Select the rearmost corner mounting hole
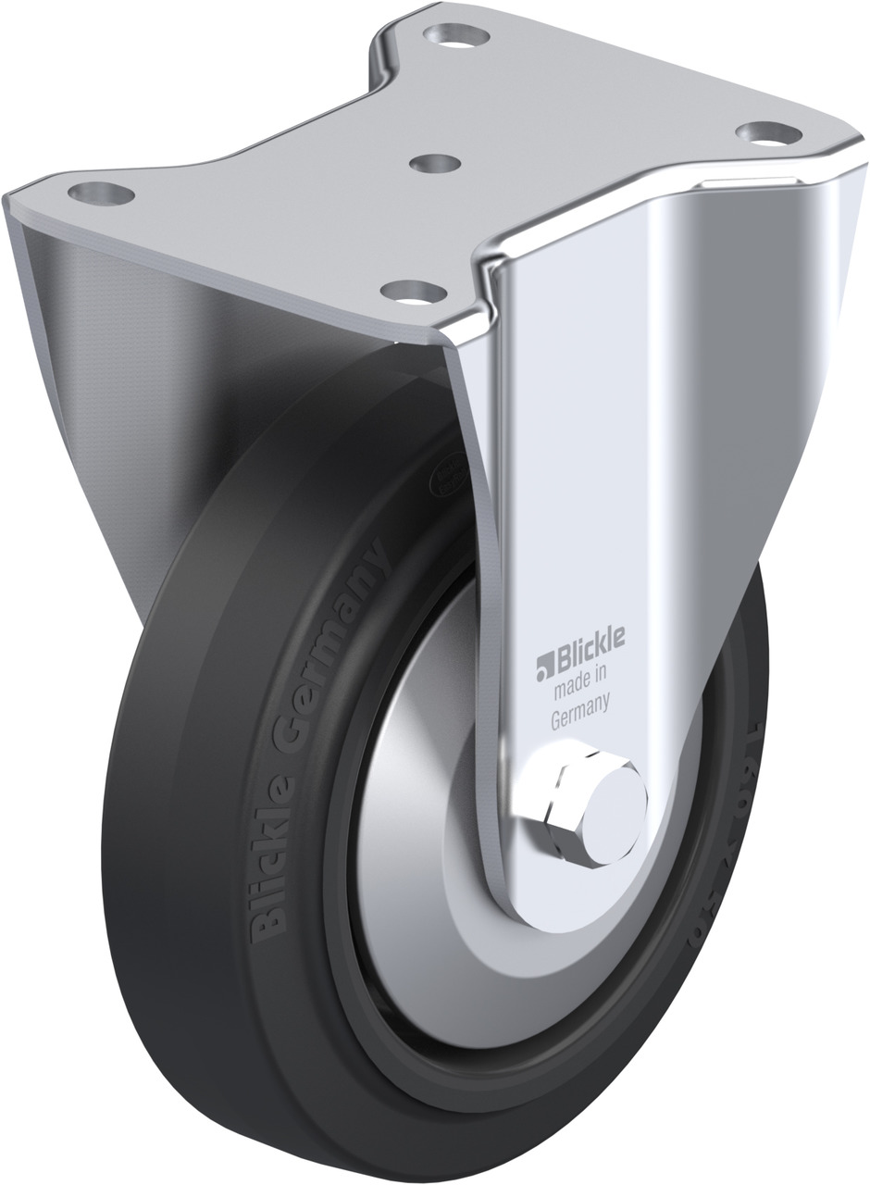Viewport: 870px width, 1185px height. click(x=451, y=38)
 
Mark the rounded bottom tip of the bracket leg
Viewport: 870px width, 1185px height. click(x=574, y=912)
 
